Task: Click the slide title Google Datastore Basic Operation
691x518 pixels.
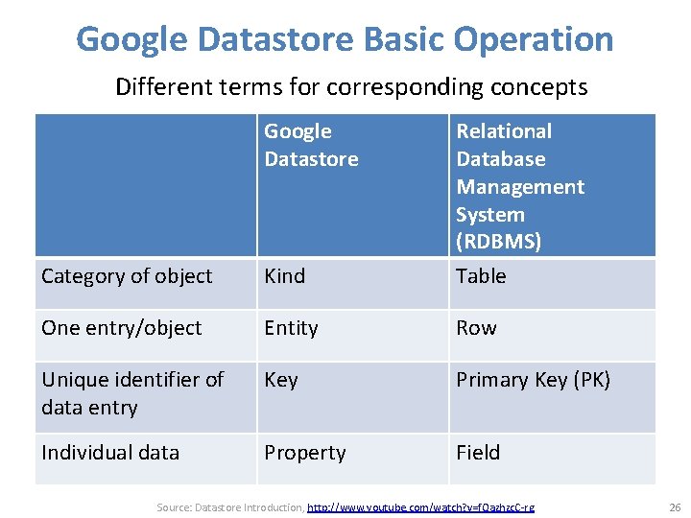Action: [x=345, y=39]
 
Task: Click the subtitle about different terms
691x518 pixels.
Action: [x=351, y=87]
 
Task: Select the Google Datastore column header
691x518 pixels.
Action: [x=311, y=145]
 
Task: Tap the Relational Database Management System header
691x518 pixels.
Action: [x=519, y=186]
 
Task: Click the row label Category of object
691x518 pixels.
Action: [x=127, y=276]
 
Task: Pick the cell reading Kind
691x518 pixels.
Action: [x=285, y=276]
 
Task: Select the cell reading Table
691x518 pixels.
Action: [x=481, y=276]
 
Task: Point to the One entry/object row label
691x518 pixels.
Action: [x=122, y=328]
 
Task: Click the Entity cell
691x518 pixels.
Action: [x=291, y=328]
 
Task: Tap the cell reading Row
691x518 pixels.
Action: [x=476, y=328]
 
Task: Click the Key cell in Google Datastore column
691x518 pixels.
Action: [x=281, y=380]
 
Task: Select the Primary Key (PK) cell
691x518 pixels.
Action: [x=533, y=380]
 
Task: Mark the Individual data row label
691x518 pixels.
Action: [x=110, y=453]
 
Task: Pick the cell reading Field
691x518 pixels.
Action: [x=478, y=453]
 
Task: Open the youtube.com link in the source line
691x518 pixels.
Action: [x=421, y=506]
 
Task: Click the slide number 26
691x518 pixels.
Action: [x=673, y=506]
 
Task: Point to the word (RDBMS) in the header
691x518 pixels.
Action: [x=498, y=242]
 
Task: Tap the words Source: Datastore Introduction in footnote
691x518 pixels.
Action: [x=229, y=506]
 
